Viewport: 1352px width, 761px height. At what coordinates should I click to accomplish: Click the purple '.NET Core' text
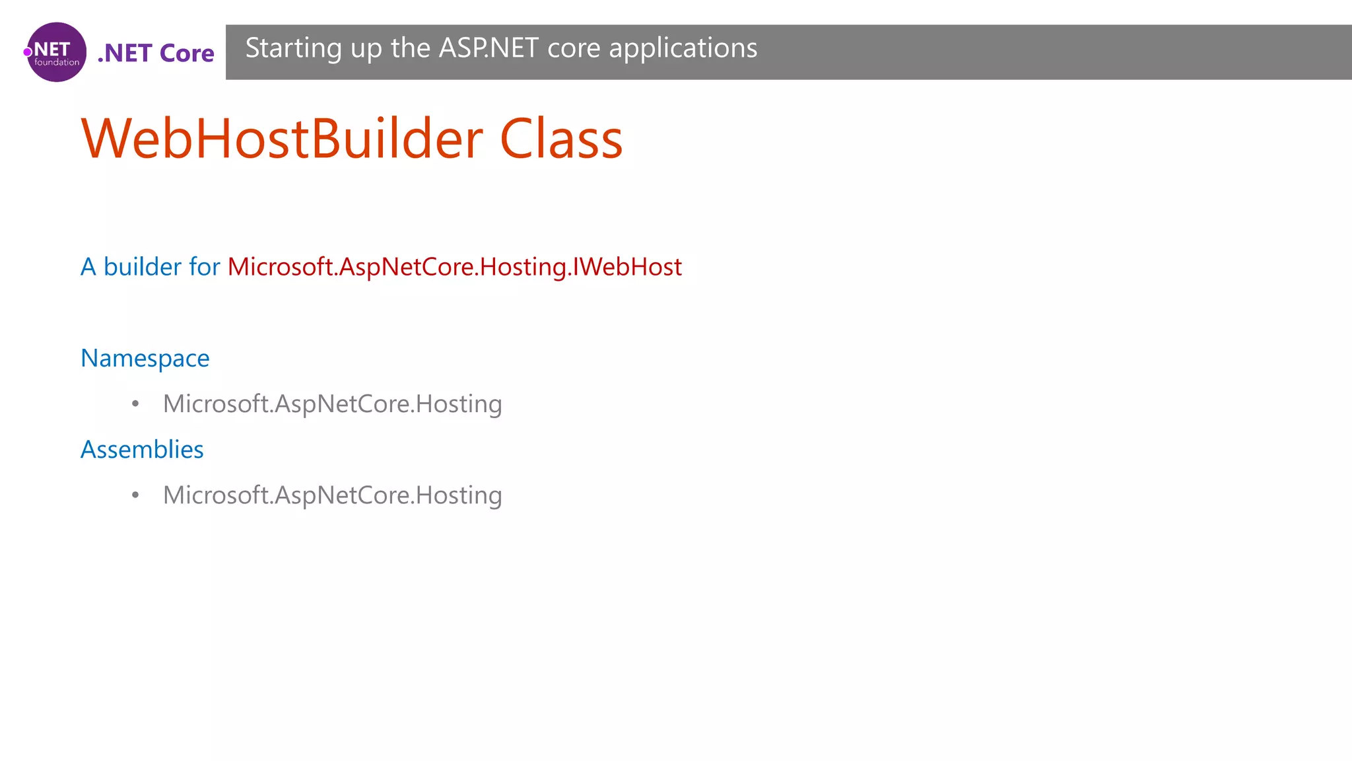(x=156, y=53)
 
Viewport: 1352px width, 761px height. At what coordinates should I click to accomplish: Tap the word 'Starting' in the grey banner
(x=293, y=49)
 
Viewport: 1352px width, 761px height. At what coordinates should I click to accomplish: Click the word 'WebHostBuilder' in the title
(x=282, y=139)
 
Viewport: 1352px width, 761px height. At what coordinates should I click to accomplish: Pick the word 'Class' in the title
(x=561, y=139)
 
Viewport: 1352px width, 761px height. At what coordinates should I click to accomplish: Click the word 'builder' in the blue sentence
(x=142, y=267)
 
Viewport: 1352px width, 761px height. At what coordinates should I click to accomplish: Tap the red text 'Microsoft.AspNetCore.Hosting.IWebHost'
(x=454, y=267)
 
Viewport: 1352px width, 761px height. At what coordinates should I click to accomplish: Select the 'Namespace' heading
(x=145, y=358)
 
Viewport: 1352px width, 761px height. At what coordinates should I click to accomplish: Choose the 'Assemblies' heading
(x=142, y=449)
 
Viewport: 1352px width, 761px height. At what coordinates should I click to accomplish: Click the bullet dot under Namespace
(x=135, y=404)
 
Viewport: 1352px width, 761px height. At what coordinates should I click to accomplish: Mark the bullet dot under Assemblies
(x=135, y=495)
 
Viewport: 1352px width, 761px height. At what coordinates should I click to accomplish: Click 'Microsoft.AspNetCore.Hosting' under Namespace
(x=332, y=404)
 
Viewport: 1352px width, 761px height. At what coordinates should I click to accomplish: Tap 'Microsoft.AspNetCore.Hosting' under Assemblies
(x=332, y=495)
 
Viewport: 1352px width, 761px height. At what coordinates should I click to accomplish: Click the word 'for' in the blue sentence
(x=204, y=267)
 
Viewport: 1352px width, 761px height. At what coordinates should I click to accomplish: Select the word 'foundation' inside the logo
(x=57, y=63)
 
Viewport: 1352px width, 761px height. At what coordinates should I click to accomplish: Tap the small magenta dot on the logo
(x=28, y=52)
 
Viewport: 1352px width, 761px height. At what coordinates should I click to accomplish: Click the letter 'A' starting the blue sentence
(x=88, y=267)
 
